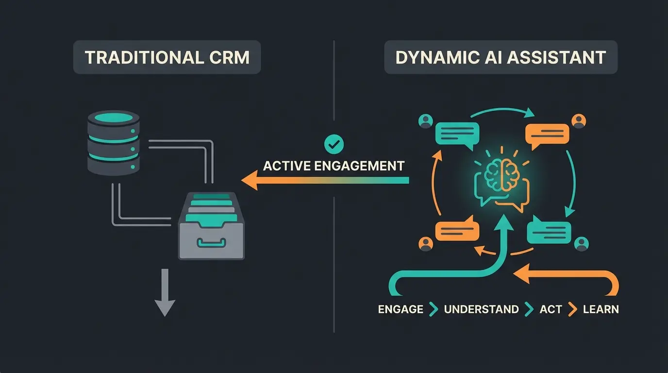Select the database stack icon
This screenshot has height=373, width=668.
114,143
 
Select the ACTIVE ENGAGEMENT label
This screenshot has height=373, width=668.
334,166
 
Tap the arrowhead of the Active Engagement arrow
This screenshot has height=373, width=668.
250,182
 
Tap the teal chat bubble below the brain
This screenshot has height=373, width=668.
549,230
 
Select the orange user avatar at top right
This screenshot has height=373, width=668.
579,120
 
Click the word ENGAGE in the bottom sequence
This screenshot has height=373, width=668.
401,309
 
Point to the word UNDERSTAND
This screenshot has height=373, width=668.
481,309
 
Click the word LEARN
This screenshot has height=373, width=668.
601,309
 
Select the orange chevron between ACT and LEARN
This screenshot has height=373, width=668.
573,309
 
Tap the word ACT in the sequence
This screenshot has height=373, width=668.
551,309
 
